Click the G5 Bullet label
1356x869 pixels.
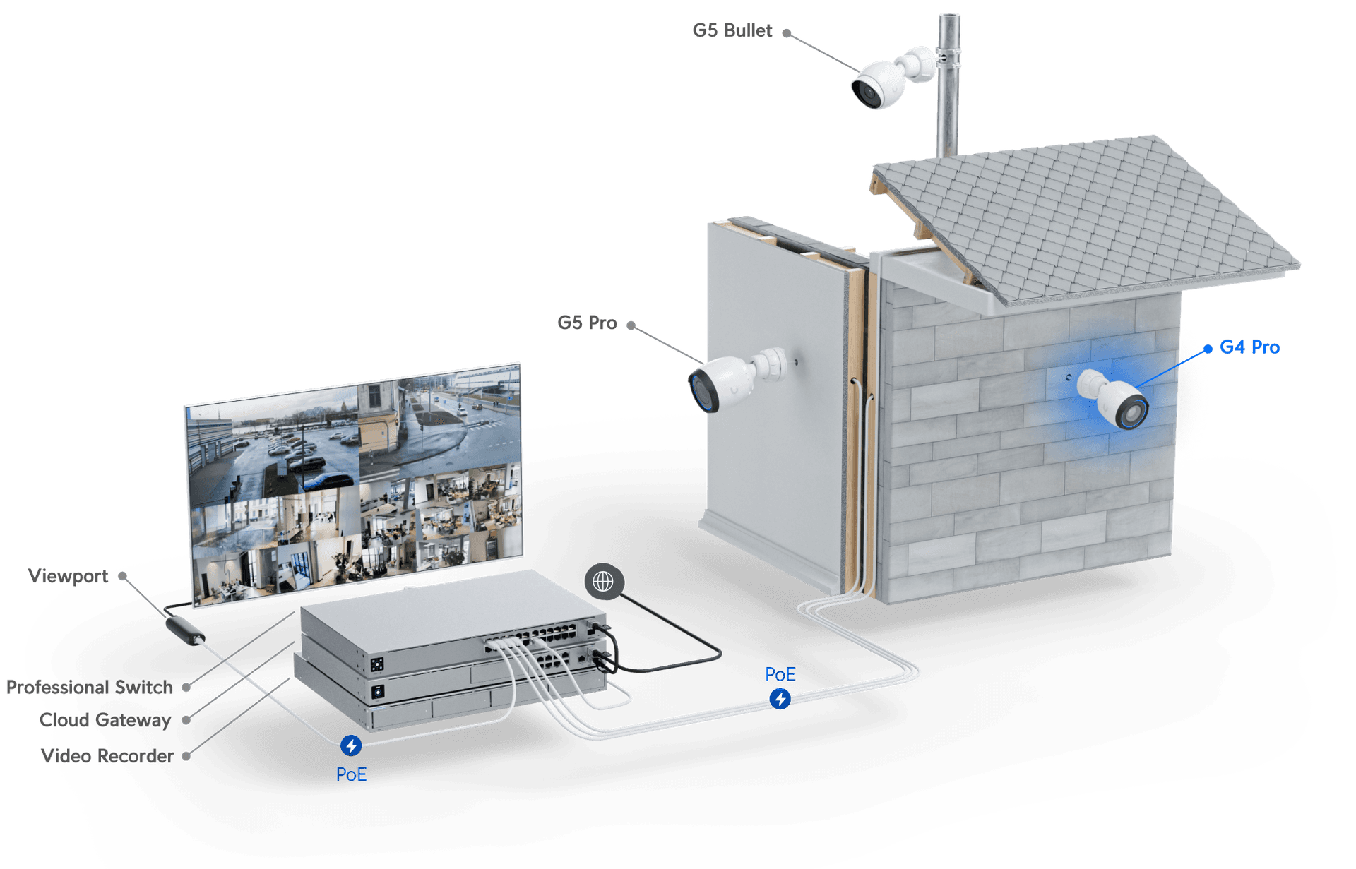pyautogui.click(x=732, y=31)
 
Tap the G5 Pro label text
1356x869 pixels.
pyautogui.click(x=587, y=323)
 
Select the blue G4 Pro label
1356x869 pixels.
pyautogui.click(x=1249, y=347)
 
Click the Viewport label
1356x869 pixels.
pyautogui.click(x=69, y=576)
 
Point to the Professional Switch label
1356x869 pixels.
pyautogui.click(x=90, y=687)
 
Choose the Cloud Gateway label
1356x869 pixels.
pyautogui.click(x=105, y=720)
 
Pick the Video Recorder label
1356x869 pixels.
pyautogui.click(x=107, y=756)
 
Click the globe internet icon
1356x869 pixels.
pyautogui.click(x=604, y=582)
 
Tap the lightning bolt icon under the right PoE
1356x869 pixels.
pyautogui.click(x=780, y=699)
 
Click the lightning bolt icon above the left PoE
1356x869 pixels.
pyautogui.click(x=351, y=745)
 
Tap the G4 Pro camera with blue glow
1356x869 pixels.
pyautogui.click(x=1112, y=398)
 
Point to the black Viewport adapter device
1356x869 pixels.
pyautogui.click(x=186, y=630)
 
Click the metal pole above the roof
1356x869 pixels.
pyautogui.click(x=948, y=85)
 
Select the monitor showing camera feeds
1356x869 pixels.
pyautogui.click(x=354, y=485)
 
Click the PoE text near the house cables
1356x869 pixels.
pyautogui.click(x=780, y=674)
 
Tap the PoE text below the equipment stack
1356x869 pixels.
pyautogui.click(x=351, y=774)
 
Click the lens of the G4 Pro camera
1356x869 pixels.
pyautogui.click(x=1132, y=412)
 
